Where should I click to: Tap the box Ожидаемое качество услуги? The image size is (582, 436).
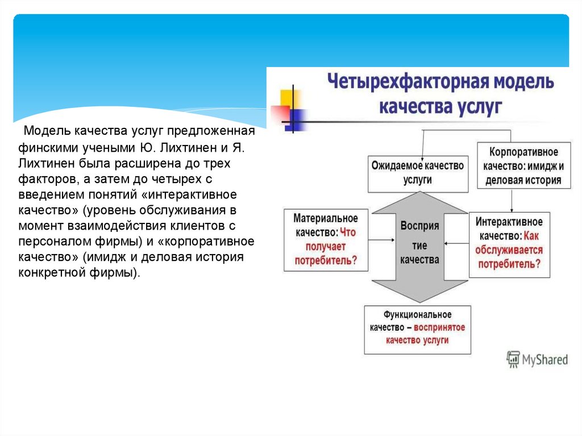point(417,172)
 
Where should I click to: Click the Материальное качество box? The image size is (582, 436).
point(326,239)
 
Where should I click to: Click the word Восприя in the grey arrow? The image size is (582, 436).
point(419,226)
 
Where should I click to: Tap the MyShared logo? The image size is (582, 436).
point(537,359)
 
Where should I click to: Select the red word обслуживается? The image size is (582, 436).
point(510,250)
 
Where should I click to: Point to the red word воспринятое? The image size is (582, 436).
point(439,327)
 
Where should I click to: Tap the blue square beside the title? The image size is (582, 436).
point(296,118)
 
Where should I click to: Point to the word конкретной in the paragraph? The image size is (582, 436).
point(48,272)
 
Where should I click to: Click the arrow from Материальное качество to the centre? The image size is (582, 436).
point(381,239)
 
